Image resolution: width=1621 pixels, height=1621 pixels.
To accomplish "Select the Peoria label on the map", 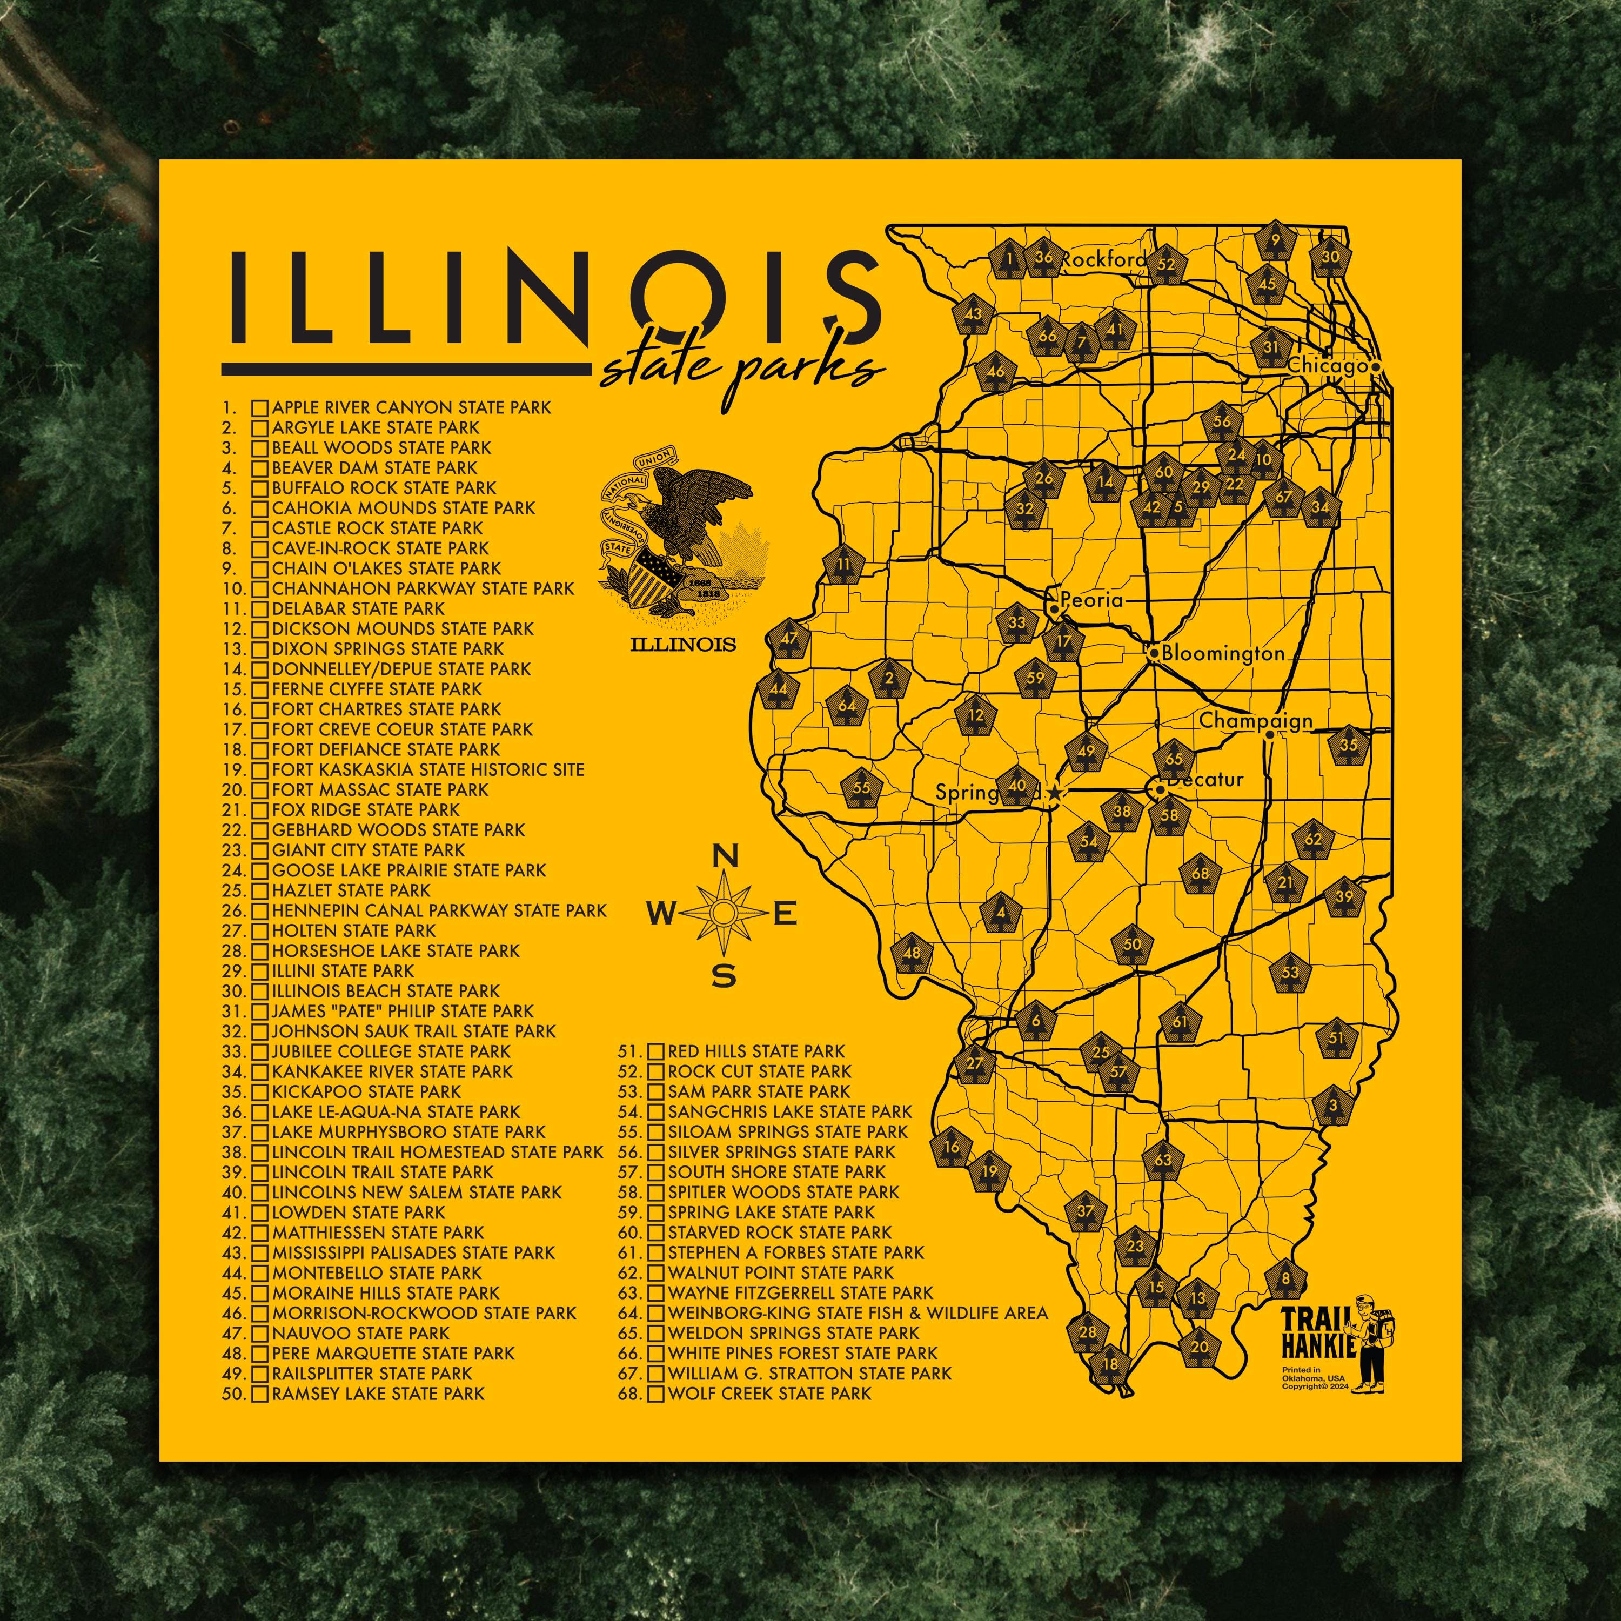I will click(x=1091, y=601).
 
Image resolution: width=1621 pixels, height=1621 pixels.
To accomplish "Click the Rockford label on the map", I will click(x=1102, y=260).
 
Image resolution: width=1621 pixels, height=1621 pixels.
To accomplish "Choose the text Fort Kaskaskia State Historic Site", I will click(x=428, y=769).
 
